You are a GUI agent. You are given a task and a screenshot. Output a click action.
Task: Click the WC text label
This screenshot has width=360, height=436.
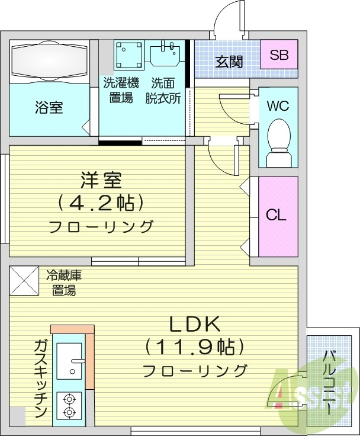coord(277,106)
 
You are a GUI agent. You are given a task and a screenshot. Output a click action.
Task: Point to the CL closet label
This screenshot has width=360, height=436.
coord(277,214)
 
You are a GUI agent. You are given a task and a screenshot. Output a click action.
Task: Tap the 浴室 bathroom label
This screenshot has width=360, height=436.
coord(49,108)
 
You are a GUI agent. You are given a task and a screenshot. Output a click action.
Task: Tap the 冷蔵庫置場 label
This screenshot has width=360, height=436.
coord(63,283)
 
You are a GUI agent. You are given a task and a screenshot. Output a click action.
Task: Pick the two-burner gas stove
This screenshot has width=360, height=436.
coord(69,405)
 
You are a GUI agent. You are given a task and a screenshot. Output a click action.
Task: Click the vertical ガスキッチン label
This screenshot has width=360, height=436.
coord(40,379)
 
